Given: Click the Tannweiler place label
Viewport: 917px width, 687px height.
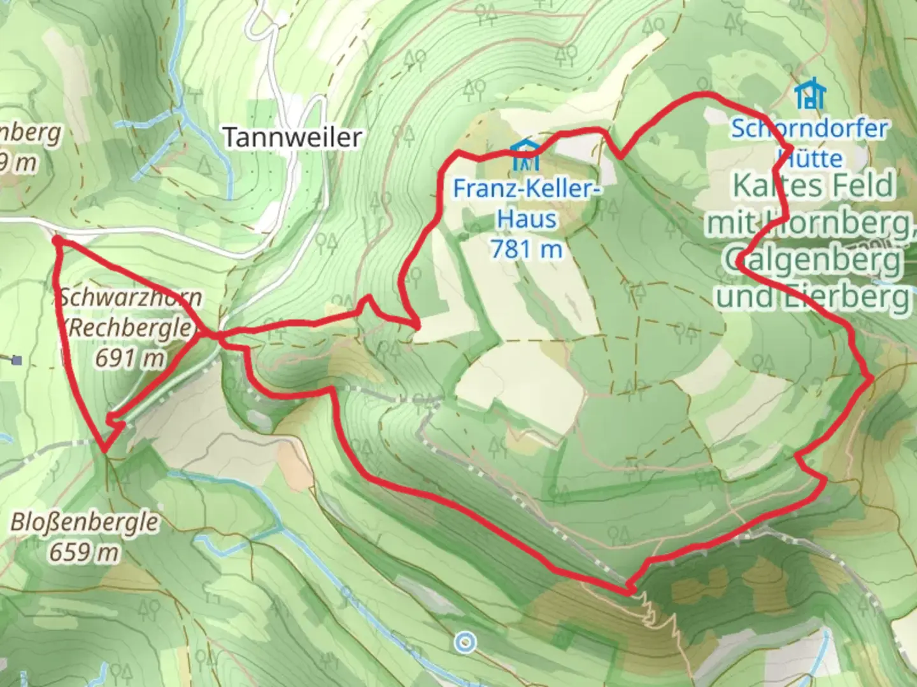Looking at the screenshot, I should point(292,137).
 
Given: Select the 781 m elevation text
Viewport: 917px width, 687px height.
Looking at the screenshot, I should point(527,249).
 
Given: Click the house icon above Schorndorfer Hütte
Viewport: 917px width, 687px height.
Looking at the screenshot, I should point(809,94).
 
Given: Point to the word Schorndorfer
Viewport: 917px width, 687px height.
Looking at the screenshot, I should point(809,128).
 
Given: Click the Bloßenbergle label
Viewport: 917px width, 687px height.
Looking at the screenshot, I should point(84,522).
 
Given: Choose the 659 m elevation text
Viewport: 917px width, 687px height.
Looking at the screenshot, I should point(84,552).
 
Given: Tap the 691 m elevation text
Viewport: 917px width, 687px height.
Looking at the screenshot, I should point(130,358).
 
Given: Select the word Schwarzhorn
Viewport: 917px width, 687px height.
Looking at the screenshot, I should point(131,297).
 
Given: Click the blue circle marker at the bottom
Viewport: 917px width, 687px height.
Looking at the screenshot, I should point(466,642).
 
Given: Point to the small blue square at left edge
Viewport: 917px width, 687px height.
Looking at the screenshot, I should point(17,361).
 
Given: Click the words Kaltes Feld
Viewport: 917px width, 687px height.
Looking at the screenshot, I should point(813,186).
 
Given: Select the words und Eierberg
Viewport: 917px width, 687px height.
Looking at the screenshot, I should point(813,296).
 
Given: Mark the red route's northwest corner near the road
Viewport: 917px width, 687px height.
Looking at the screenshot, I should point(57,240).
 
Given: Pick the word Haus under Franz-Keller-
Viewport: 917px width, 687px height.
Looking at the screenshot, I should point(527,218).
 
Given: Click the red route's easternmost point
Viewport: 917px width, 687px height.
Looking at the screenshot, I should point(871,378).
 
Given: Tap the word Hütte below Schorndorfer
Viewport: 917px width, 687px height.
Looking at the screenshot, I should point(810,157).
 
